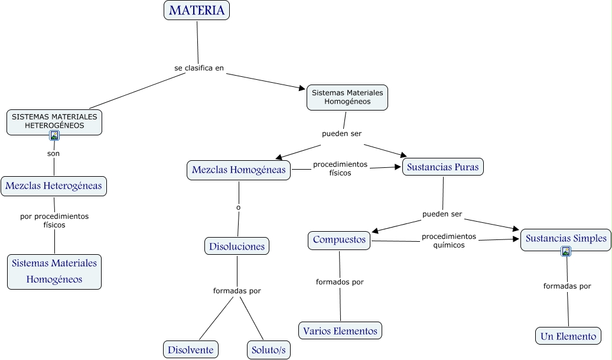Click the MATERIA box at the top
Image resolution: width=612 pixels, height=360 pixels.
[197, 10]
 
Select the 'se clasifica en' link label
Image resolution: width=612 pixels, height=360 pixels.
[199, 68]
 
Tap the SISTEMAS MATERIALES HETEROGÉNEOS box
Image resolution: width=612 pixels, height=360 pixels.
[54, 122]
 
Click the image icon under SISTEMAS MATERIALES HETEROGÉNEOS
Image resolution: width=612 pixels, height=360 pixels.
[54, 135]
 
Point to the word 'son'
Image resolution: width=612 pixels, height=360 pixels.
[54, 154]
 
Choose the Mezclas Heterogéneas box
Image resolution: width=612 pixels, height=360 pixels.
[54, 186]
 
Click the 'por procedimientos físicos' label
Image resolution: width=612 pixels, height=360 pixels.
[54, 220]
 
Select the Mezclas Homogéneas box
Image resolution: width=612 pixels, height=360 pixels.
[239, 170]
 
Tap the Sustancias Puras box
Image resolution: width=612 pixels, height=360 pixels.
[442, 167]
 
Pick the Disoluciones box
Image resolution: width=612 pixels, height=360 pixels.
[237, 246]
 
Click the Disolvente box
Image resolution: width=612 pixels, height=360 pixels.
[190, 350]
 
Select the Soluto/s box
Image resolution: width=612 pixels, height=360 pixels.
[269, 350]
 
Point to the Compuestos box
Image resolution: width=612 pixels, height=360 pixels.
[339, 240]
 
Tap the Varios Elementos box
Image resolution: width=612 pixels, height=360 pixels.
[340, 330]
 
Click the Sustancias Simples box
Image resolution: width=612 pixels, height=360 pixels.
[566, 239]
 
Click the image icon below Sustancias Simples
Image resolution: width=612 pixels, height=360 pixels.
[566, 251]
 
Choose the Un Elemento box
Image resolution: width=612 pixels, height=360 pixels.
[568, 336]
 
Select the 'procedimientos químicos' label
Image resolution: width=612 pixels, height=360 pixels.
[449, 241]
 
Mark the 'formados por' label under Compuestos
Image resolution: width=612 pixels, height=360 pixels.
[340, 282]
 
